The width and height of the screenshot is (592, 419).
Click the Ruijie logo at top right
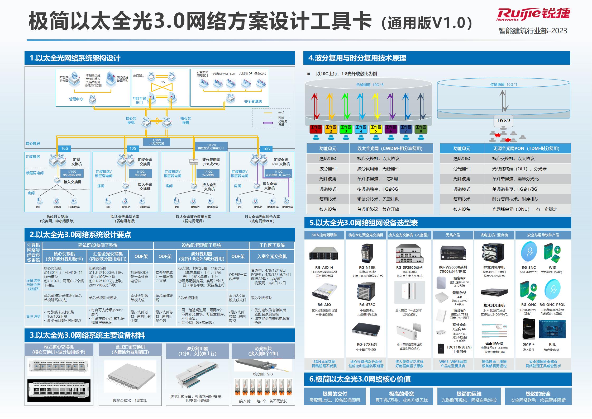(x=533, y=15)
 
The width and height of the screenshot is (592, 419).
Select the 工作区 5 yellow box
(x=376, y=129)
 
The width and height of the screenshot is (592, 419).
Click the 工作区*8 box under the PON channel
(x=503, y=121)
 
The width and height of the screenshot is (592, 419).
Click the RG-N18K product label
(x=367, y=267)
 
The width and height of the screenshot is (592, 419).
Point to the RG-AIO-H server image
(x=324, y=254)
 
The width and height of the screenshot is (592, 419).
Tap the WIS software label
(x=552, y=267)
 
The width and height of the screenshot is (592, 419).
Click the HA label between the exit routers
(x=163, y=82)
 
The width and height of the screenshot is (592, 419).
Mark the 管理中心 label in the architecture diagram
(x=76, y=99)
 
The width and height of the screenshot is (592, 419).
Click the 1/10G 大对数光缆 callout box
(x=157, y=142)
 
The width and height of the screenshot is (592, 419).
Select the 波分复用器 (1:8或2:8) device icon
(x=194, y=162)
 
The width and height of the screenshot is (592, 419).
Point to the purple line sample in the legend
(x=268, y=123)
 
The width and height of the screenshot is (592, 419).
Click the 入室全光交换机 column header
(x=272, y=256)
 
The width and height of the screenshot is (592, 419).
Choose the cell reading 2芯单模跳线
(x=188, y=298)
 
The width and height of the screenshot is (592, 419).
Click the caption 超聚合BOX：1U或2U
(x=130, y=401)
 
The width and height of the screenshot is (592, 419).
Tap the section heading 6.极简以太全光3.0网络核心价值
(x=360, y=379)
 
